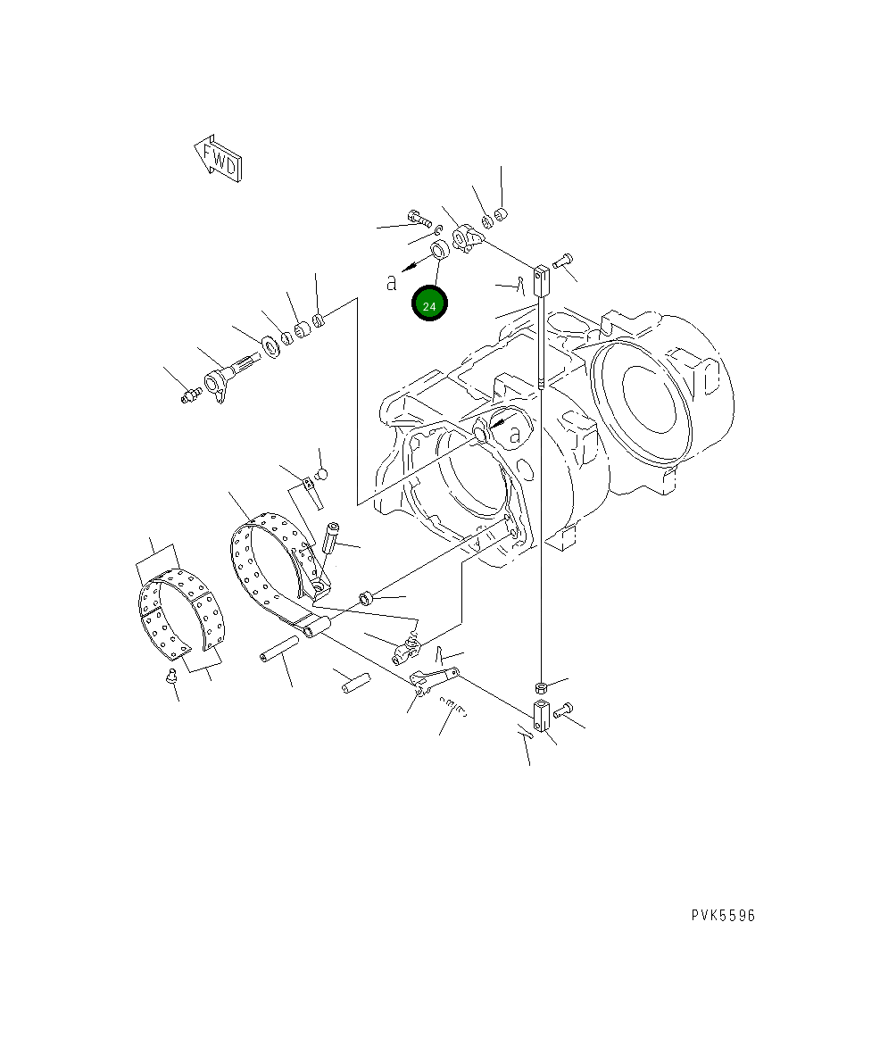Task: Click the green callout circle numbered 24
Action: [x=429, y=303]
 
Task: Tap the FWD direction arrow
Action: [x=218, y=159]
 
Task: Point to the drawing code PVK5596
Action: [x=723, y=915]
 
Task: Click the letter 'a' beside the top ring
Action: [x=392, y=283]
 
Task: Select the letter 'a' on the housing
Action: [x=515, y=435]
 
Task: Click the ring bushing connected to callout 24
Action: [x=440, y=249]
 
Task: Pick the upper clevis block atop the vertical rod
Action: [x=542, y=280]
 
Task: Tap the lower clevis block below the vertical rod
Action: [x=543, y=716]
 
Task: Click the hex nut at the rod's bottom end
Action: [x=540, y=687]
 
